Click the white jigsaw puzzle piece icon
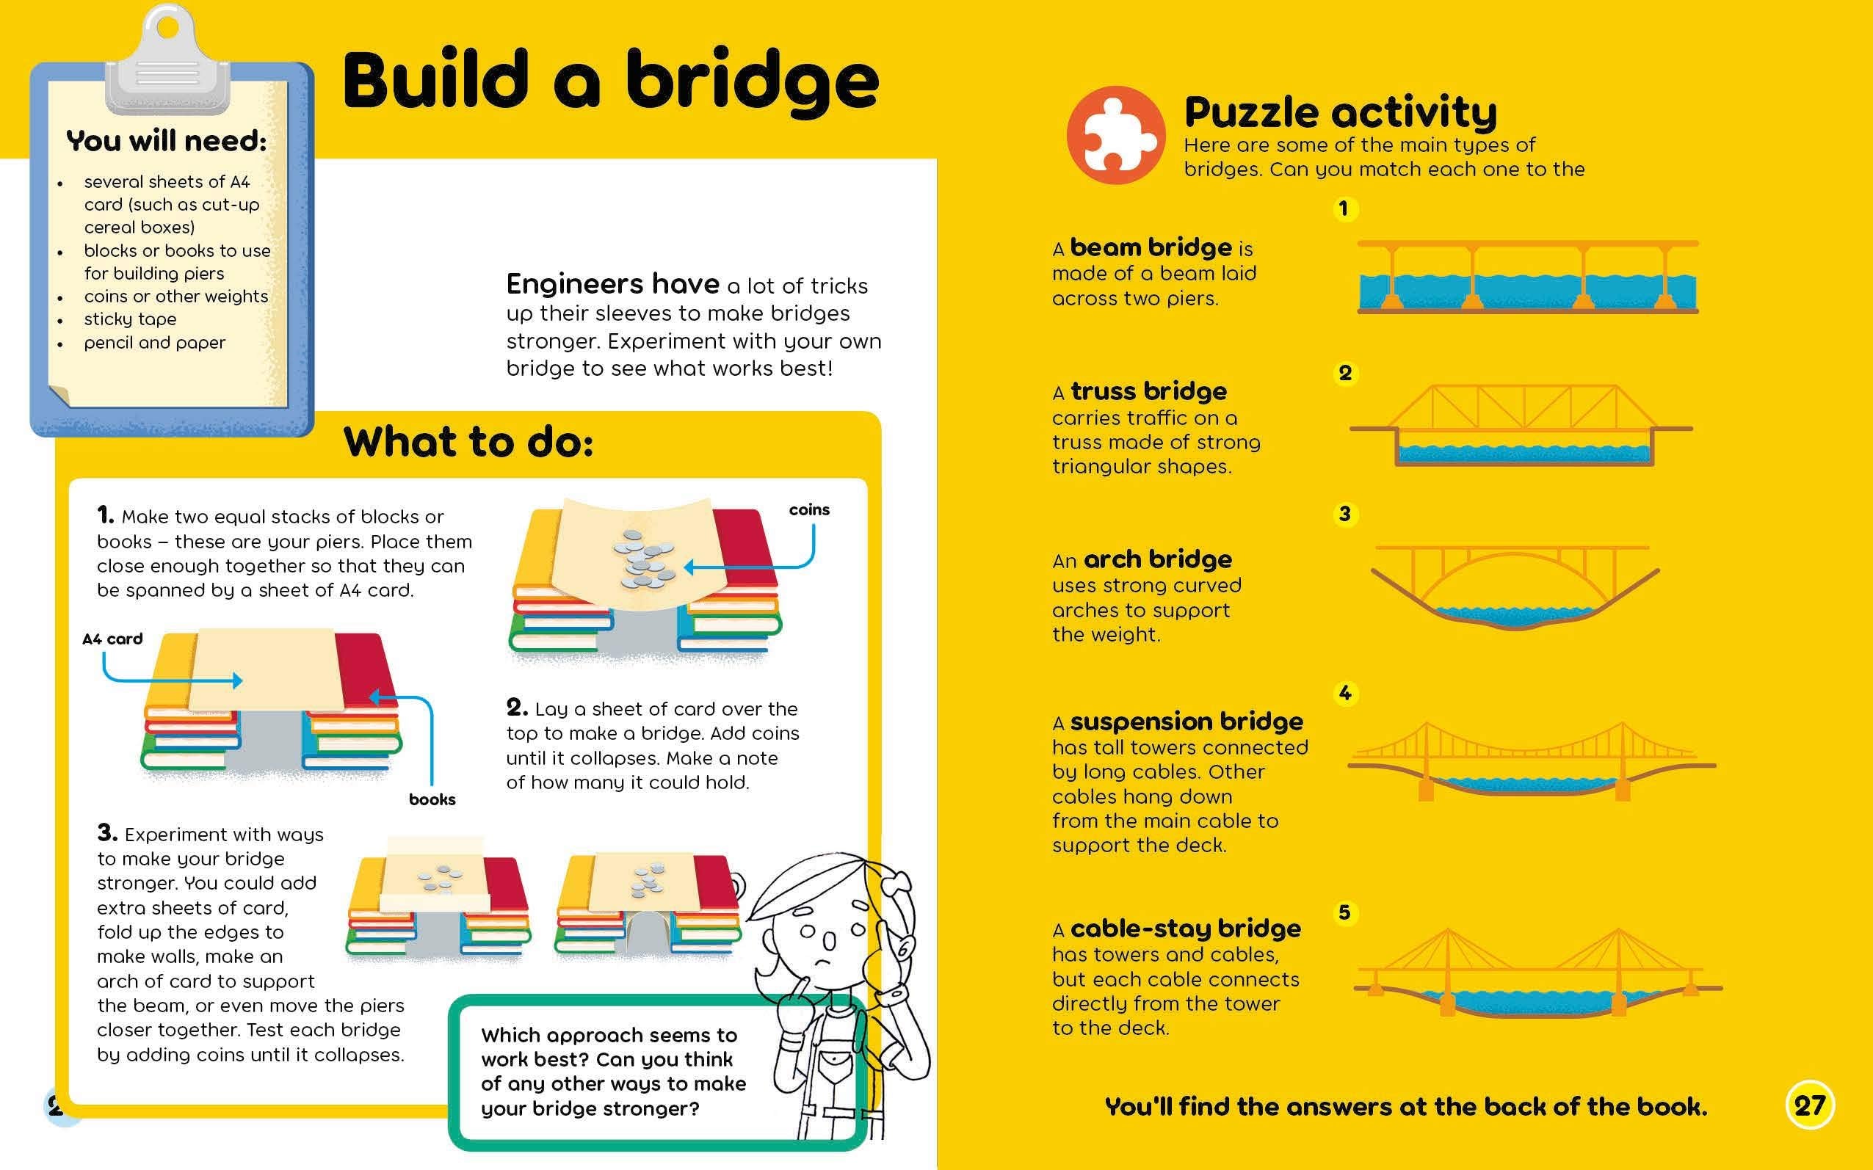pos(1115,135)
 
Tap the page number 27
pos(1810,1105)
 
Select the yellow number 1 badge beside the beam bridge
pos(1344,209)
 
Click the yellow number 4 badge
pos(1345,694)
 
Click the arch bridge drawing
pos(1515,586)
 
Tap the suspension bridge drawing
pos(1531,761)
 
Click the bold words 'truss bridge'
pos(1148,391)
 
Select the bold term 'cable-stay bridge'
pos(1185,929)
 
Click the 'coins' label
pos(809,510)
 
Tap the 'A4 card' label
pos(112,639)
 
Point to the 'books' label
pos(432,799)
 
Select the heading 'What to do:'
pos(468,442)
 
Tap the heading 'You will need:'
pos(167,141)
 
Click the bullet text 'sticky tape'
pos(130,319)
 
